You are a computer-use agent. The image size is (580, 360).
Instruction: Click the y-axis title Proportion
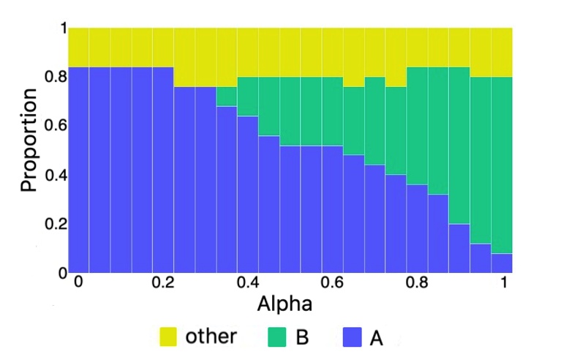tap(29, 140)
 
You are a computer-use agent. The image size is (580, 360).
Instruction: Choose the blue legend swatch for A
tap(353, 337)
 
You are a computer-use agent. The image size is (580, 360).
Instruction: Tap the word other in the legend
tap(211, 337)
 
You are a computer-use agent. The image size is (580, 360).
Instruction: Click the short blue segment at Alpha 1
tap(501, 263)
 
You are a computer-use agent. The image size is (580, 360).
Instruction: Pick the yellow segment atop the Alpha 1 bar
tap(501, 52)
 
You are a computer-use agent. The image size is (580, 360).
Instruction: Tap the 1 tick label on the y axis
tap(63, 28)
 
